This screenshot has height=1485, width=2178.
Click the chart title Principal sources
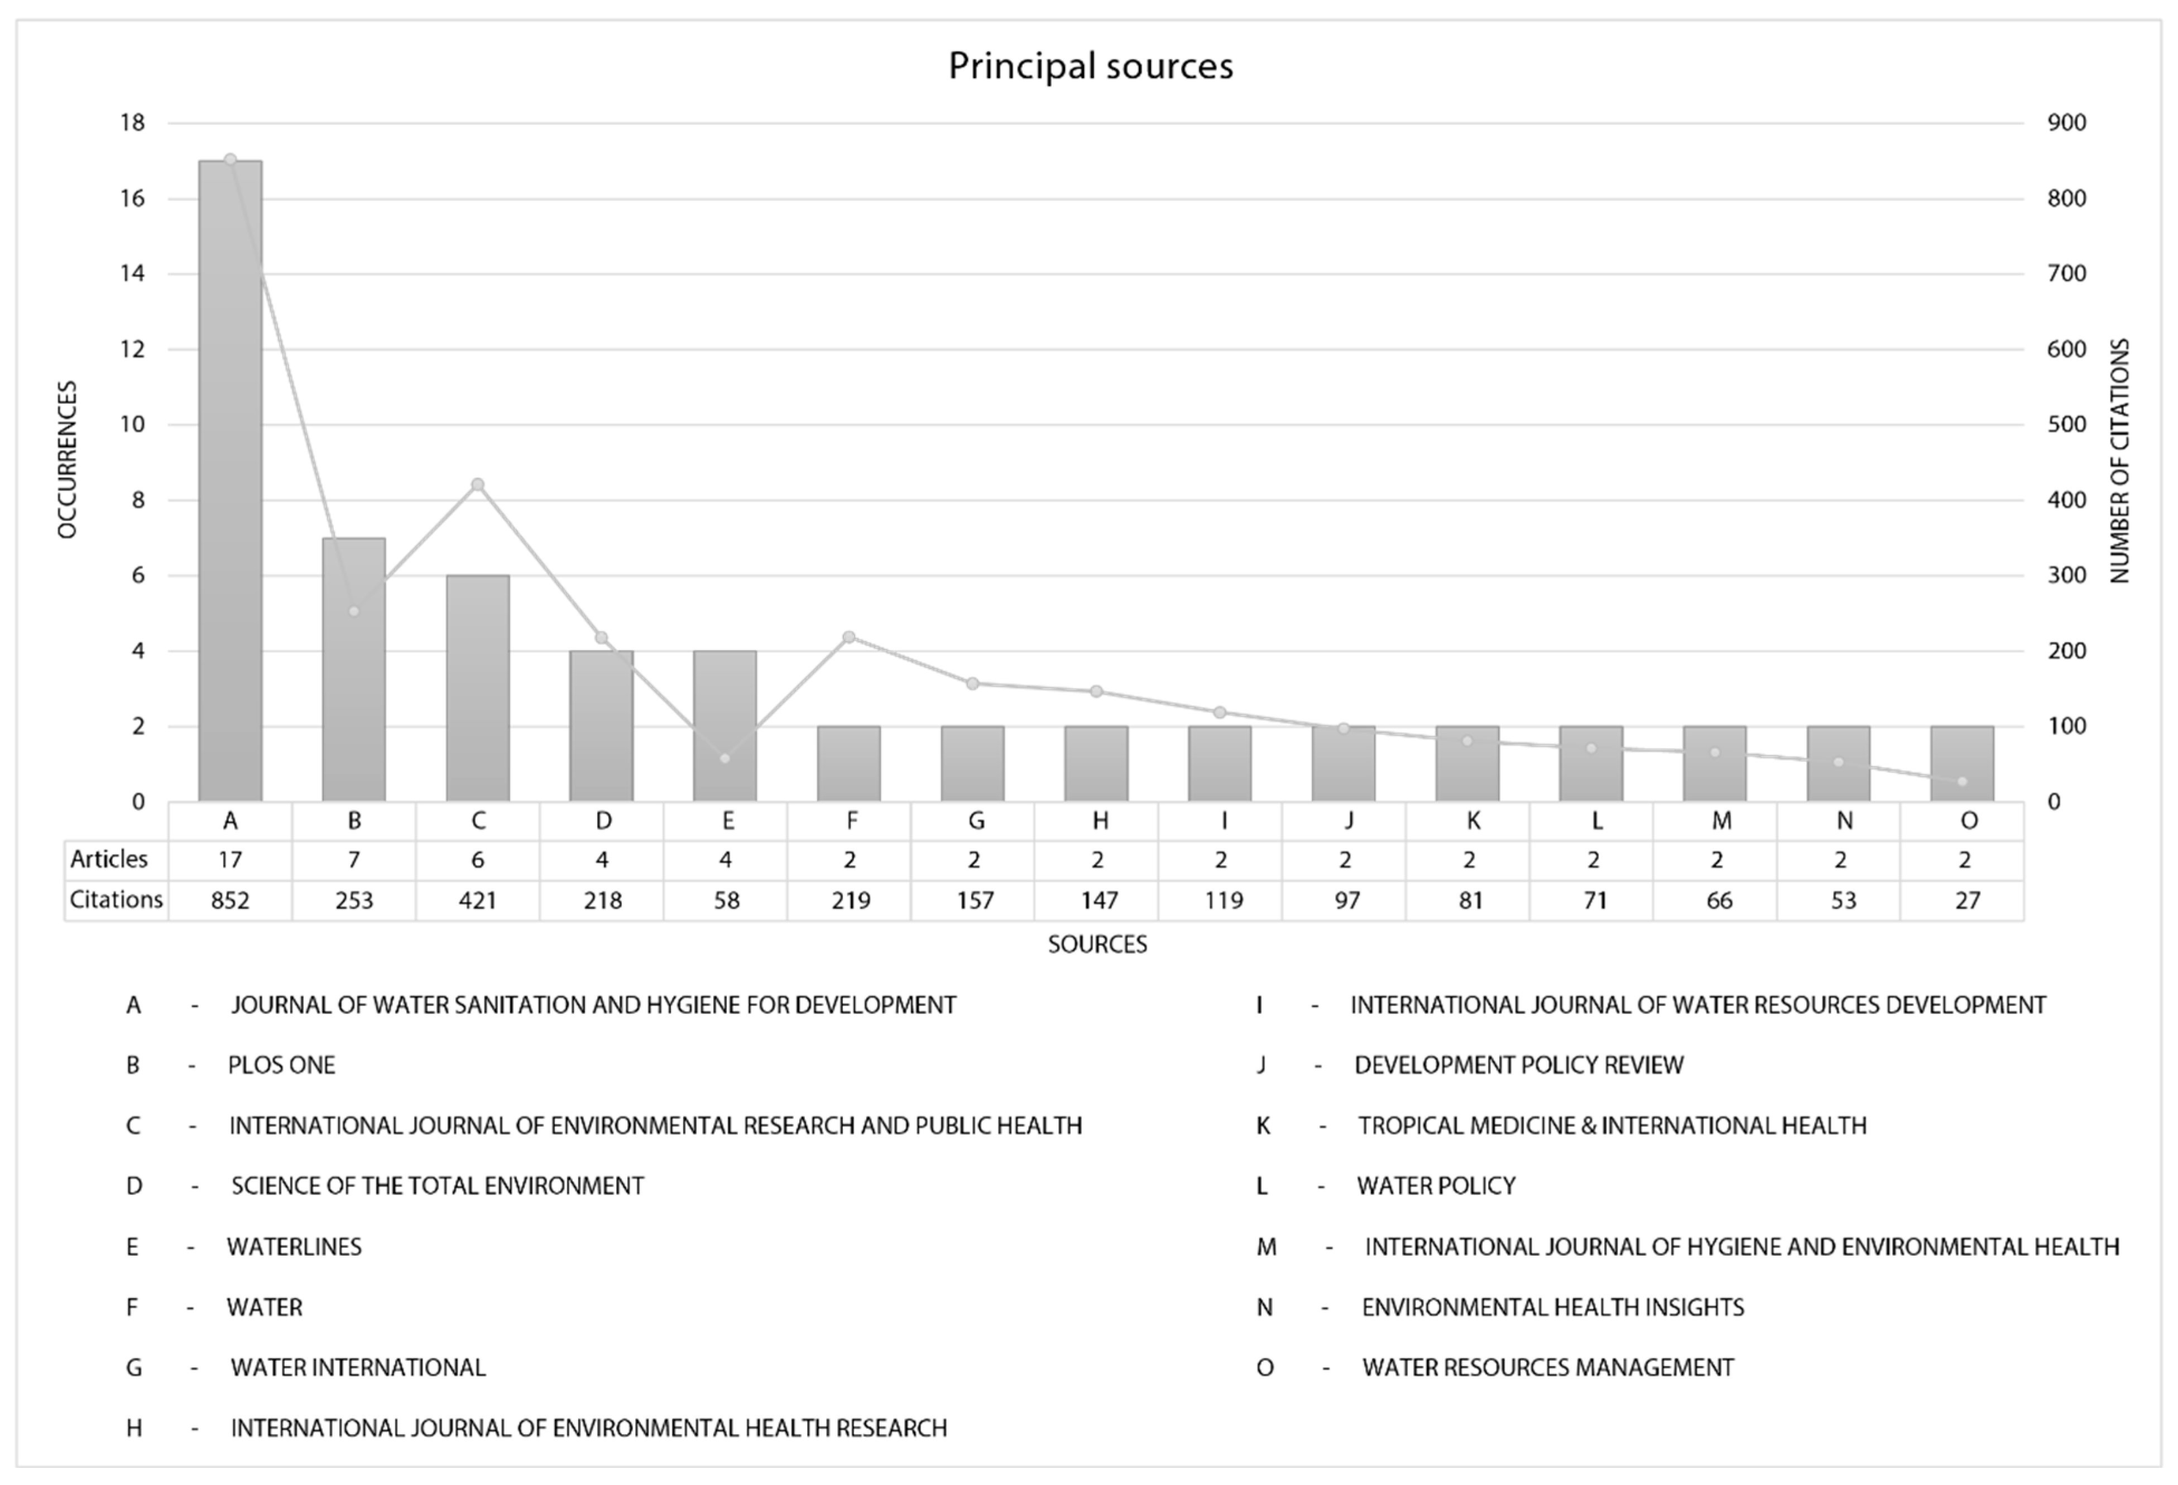(1090, 66)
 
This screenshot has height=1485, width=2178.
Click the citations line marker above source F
(849, 637)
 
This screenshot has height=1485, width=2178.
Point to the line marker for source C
(478, 484)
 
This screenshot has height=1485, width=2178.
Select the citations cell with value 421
(478, 900)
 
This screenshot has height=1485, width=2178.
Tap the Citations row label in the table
(116, 899)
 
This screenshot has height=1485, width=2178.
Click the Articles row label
(109, 859)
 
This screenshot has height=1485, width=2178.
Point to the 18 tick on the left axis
(133, 123)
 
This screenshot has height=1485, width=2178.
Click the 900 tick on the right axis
(2066, 123)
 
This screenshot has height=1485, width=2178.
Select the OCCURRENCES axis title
(66, 459)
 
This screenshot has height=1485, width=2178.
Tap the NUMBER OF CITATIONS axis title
(2120, 461)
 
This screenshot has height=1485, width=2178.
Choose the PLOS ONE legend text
(281, 1065)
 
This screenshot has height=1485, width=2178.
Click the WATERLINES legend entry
(294, 1247)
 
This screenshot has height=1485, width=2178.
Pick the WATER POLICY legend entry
(1436, 1186)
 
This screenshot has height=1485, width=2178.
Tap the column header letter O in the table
(1968, 821)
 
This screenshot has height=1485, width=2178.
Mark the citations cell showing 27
(1967, 900)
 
